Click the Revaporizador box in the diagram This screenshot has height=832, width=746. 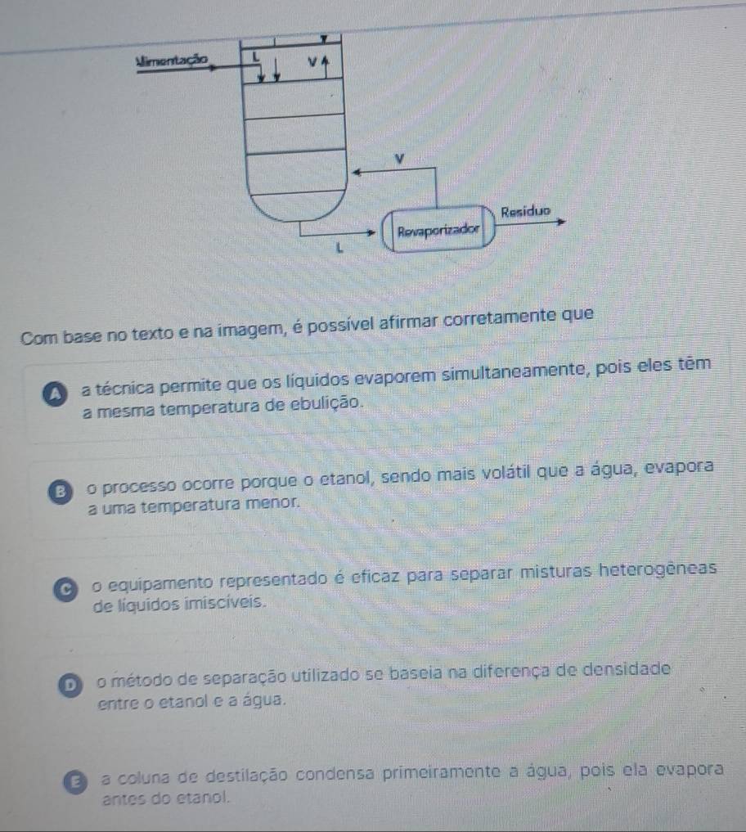pyautogui.click(x=438, y=229)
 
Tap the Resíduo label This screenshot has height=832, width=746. pyautogui.click(x=526, y=212)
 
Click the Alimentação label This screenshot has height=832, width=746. pyautogui.click(x=172, y=60)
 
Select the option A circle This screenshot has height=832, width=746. pyautogui.click(x=55, y=395)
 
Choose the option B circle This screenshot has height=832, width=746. pyautogui.click(x=60, y=492)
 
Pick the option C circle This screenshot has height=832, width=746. pyautogui.click(x=65, y=590)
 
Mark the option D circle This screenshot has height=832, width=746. pyautogui.click(x=70, y=685)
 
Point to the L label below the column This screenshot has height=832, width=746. pyautogui.click(x=339, y=247)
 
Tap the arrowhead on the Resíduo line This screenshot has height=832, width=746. pyautogui.click(x=560, y=221)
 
